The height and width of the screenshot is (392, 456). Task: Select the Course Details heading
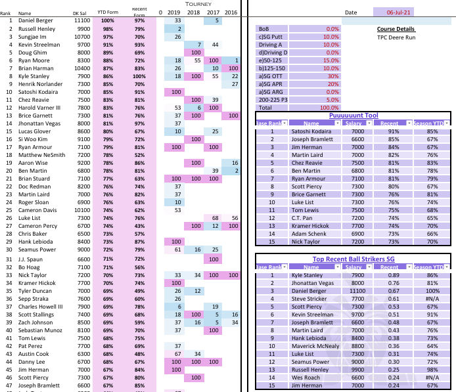click(x=396, y=29)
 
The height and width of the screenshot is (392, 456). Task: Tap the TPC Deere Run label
click(x=396, y=37)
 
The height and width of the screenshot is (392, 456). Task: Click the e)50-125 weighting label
click(x=271, y=60)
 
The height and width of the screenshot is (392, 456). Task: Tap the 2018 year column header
click(x=196, y=12)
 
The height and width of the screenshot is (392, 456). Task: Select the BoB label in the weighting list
click(x=264, y=29)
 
